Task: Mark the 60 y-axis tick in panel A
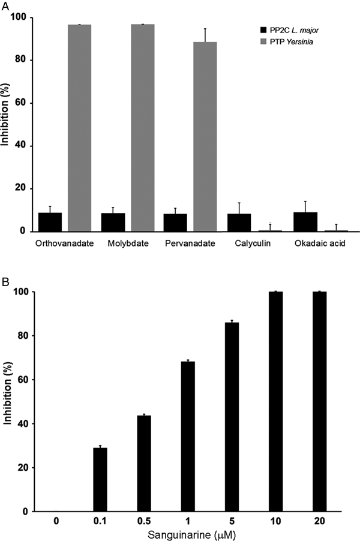pyautogui.click(x=21, y=103)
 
